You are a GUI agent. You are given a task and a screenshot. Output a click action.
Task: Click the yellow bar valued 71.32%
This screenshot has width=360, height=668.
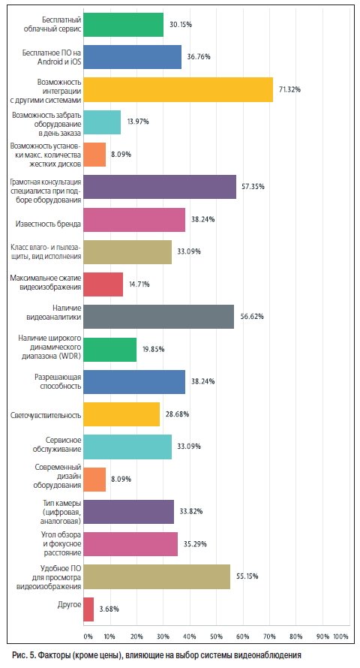(x=178, y=89)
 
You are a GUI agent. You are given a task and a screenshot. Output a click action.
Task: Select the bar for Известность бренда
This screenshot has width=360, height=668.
(x=134, y=220)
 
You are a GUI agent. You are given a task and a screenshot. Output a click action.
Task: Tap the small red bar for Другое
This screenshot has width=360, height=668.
(x=88, y=609)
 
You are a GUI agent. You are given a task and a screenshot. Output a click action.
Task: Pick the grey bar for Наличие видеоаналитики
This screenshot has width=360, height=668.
(x=158, y=317)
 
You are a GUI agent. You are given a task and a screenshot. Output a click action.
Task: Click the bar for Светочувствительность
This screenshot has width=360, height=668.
(x=121, y=414)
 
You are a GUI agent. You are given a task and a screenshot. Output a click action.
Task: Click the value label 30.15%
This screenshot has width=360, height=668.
(x=181, y=25)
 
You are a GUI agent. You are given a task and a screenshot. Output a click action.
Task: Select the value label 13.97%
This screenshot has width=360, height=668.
(x=138, y=122)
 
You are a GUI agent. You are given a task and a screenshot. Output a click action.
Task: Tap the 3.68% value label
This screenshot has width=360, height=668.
(x=109, y=609)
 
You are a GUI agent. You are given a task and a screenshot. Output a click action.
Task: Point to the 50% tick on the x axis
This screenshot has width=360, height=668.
(x=216, y=636)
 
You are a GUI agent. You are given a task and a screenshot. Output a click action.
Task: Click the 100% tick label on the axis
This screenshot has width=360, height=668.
(x=340, y=636)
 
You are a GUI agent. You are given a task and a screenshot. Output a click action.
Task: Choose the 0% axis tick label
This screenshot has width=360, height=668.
(x=88, y=636)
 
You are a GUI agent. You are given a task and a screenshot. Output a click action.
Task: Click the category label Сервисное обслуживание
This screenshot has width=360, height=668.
(x=57, y=445)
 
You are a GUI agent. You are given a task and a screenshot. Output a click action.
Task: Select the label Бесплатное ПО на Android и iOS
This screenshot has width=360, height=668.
(x=52, y=57)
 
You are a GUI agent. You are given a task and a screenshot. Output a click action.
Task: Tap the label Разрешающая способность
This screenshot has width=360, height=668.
(x=58, y=382)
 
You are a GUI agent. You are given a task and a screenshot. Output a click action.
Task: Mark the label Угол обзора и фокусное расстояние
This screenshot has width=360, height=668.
(x=61, y=544)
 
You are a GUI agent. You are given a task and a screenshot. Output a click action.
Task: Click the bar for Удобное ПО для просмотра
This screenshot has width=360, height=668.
(x=157, y=577)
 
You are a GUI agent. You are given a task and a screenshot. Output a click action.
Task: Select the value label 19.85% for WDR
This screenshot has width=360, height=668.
(x=153, y=349)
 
